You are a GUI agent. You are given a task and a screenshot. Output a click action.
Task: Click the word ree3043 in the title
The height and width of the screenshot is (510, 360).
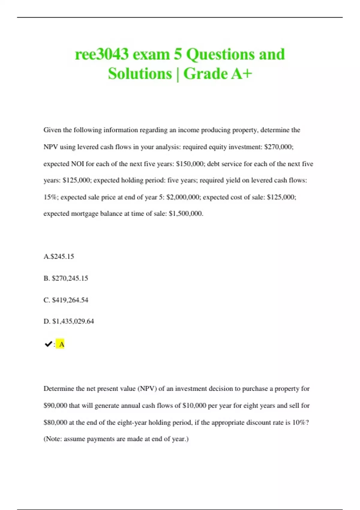[x=102, y=55]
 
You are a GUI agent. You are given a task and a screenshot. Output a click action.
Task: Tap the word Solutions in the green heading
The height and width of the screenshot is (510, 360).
[x=140, y=74]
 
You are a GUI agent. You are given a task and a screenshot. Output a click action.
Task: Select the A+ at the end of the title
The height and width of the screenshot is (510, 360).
[x=242, y=74]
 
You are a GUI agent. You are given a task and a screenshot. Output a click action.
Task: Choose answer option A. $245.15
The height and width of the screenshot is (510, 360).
[x=59, y=256]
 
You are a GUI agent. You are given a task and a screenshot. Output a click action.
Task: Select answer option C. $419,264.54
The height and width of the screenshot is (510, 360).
[x=66, y=300]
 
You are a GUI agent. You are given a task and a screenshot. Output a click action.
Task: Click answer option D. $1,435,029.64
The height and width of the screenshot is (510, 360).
[x=69, y=321]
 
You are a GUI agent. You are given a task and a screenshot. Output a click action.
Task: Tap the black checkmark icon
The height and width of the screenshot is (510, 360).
[x=48, y=344]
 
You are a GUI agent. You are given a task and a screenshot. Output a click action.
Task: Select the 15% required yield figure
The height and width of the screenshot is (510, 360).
[x=51, y=197]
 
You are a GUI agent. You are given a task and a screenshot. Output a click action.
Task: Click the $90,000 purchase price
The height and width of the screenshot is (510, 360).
[x=55, y=406]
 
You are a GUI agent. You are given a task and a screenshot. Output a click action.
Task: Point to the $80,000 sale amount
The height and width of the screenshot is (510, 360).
[x=55, y=422]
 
